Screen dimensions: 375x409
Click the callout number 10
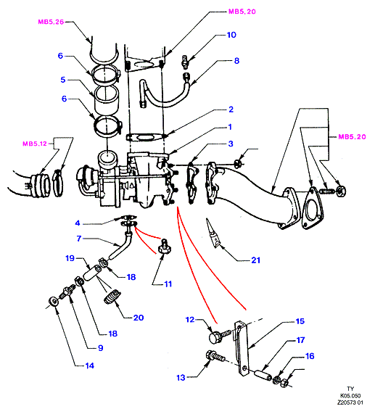pos(231,35)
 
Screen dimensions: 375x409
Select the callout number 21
pos(256,260)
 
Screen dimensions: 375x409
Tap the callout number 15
pos(300,321)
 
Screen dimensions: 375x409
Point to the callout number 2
pos(231,110)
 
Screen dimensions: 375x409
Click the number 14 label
pos(89,365)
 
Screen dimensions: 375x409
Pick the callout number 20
pos(139,318)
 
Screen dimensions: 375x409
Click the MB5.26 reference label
pos(51,22)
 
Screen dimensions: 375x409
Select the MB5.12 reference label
pos(35,144)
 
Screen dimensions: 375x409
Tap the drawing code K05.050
pos(350,396)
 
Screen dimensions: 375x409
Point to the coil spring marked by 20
pos(112,297)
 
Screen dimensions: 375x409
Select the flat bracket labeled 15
pos(242,348)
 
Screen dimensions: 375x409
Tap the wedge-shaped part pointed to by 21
pos(213,234)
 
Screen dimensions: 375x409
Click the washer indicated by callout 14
pos(54,302)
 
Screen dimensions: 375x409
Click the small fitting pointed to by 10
pos(185,62)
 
